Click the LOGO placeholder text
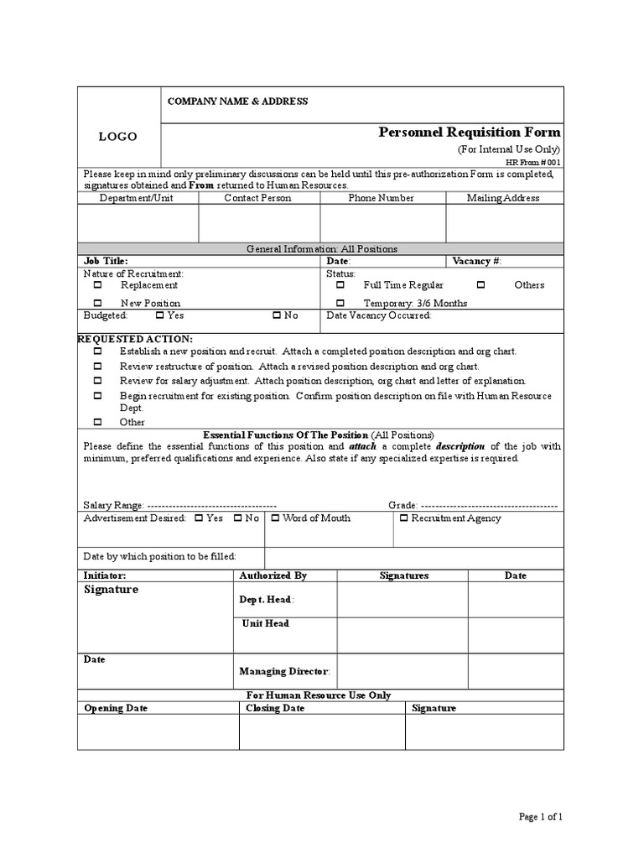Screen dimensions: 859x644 tap(117, 137)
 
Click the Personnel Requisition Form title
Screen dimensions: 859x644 tap(470, 133)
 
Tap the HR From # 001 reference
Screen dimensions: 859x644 tap(533, 162)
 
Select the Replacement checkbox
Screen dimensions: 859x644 tap(97, 285)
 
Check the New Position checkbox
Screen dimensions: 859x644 tap(97, 303)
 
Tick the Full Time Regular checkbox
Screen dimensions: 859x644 tap(340, 285)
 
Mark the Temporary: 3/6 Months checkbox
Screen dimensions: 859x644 tap(340, 303)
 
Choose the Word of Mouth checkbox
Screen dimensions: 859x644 tap(275, 518)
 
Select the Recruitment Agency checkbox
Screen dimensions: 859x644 tap(403, 518)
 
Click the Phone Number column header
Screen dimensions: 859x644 tap(382, 198)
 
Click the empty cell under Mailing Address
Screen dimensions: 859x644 tap(504, 223)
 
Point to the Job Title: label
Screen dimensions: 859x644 tap(106, 261)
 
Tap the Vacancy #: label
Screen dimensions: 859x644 tap(476, 261)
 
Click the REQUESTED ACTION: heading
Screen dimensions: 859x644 tap(135, 338)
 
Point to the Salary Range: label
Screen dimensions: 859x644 tap(114, 506)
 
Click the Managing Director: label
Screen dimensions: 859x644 tap(285, 671)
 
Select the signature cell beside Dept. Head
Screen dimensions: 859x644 tap(402, 600)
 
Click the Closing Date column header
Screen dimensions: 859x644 tap(275, 708)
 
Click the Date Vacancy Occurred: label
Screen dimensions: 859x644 tap(379, 315)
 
